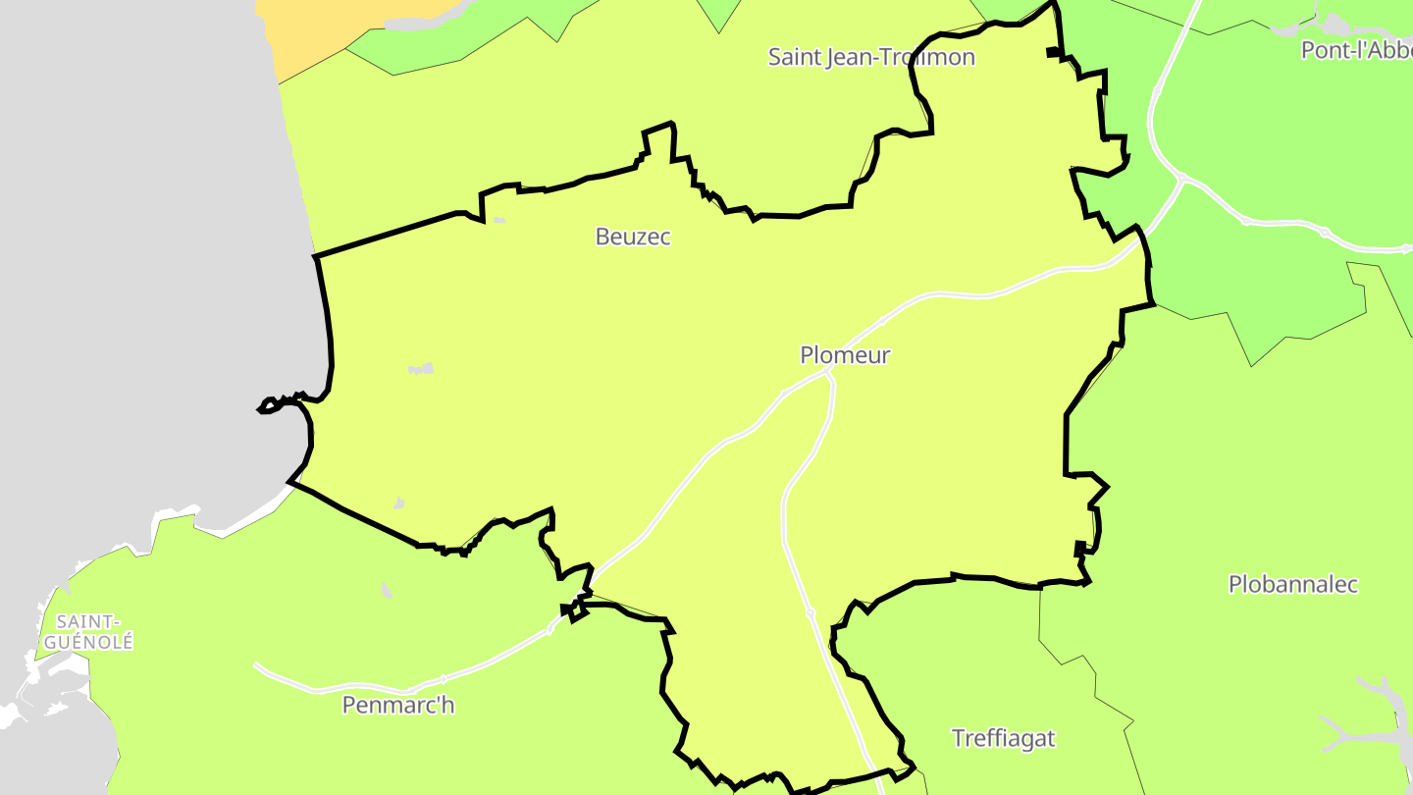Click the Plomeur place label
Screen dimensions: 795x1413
[845, 355]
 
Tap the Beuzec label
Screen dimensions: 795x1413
[633, 237]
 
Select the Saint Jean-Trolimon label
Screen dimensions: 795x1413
[871, 57]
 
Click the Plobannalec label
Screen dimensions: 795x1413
[1293, 585]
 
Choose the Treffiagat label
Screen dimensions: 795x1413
[1004, 738]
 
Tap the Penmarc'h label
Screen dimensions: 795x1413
[398, 705]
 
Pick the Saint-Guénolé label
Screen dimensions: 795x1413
[88, 632]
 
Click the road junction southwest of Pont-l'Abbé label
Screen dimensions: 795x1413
[1182, 179]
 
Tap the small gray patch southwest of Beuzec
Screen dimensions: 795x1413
[421, 369]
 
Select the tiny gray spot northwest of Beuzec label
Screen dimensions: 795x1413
[498, 220]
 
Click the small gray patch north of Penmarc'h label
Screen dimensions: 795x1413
[386, 590]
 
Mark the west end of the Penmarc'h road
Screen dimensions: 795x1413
[257, 665]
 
